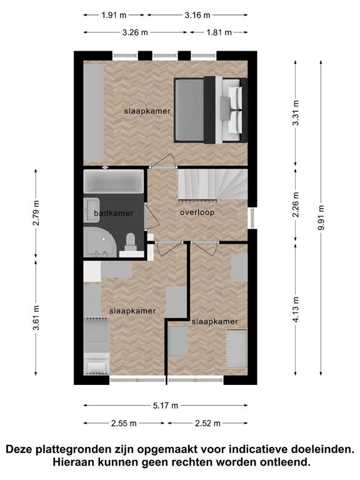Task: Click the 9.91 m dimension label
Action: [321, 217]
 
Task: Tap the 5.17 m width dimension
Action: [165, 406]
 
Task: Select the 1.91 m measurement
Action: [114, 15]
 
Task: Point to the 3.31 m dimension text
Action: [296, 113]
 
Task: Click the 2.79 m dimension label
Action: [36, 213]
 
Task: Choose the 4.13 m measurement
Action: [296, 309]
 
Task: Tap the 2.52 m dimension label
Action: [207, 423]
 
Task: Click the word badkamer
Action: [114, 213]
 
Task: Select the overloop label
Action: [197, 212]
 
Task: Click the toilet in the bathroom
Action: [131, 244]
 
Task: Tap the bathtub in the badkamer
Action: [114, 181]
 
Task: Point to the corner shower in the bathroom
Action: [100, 242]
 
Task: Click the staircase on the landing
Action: [212, 185]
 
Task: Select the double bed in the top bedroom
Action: [211, 110]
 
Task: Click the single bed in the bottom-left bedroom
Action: [97, 346]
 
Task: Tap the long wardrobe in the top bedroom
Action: [93, 113]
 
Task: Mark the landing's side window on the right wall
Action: [252, 218]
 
